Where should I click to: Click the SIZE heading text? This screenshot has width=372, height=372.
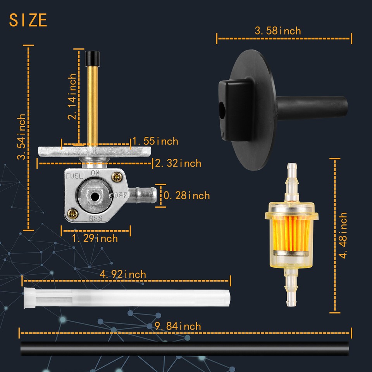pos(28,20)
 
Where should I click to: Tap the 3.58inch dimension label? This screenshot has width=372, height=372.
pos(277,31)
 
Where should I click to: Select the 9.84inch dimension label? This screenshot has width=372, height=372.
pos(178,326)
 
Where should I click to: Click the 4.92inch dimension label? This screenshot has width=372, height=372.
pos(123,275)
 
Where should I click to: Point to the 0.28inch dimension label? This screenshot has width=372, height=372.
pos(186,195)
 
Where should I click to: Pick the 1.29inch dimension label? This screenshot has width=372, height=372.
pos(95,238)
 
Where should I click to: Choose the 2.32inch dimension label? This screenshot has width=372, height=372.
pos(178,164)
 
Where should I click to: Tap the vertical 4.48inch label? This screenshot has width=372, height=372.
pos(343,235)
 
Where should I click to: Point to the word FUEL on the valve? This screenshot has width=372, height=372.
pos(74,176)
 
